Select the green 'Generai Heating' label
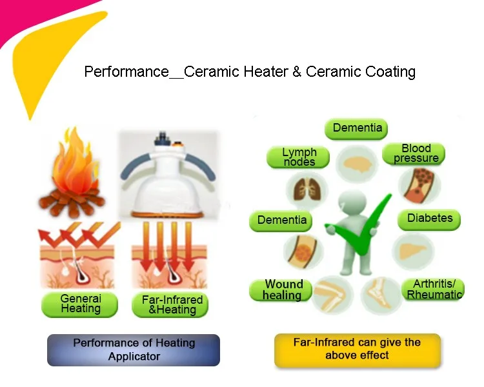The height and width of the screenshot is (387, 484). (x=81, y=304)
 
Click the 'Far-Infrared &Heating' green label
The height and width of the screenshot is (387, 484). (x=172, y=304)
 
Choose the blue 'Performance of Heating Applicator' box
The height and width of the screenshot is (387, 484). (x=134, y=350)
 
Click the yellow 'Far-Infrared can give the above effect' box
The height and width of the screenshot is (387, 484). (x=357, y=349)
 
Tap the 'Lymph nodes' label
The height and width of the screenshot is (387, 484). (x=299, y=157)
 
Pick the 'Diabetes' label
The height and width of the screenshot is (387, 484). (x=429, y=218)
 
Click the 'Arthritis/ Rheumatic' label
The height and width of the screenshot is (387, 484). (x=434, y=290)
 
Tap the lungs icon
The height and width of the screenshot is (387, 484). (x=308, y=189)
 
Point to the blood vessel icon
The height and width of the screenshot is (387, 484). (x=415, y=184)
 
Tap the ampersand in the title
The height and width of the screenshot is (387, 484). (x=297, y=72)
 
